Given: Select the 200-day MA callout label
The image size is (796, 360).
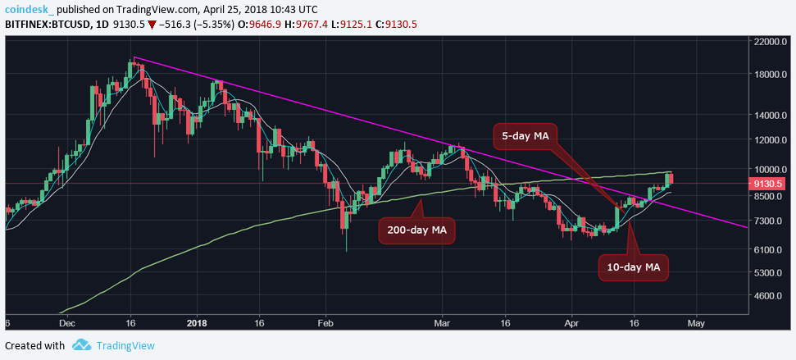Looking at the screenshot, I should click(x=416, y=231).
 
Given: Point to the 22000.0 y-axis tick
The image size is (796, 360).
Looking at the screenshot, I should click(x=771, y=41).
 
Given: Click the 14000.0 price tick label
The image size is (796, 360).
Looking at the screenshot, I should click(x=771, y=116).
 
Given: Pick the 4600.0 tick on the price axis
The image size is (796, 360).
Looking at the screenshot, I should click(x=771, y=295).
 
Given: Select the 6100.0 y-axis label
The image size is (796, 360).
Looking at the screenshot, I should click(x=771, y=249).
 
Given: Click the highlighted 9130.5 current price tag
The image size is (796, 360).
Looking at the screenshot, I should click(x=771, y=184).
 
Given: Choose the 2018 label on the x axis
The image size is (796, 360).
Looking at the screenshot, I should click(x=198, y=323).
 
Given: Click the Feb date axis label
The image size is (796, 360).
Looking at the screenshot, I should click(x=325, y=323).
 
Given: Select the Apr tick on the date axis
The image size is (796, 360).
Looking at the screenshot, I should click(x=572, y=323).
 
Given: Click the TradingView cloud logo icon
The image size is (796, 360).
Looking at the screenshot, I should click(x=81, y=345).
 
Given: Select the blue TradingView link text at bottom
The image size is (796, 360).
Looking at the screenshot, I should click(x=125, y=345).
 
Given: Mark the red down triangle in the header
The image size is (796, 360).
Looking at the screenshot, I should click(x=151, y=24).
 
